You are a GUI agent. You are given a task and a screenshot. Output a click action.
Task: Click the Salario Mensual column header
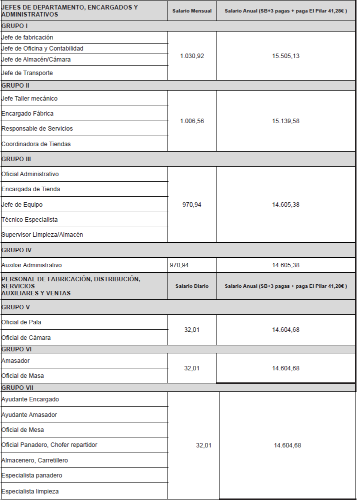click(192, 11)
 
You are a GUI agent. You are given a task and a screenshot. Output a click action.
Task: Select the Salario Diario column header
click(192, 286)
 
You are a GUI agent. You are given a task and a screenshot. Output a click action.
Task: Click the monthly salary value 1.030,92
click(192, 56)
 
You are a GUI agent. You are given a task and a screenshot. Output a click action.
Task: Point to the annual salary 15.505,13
click(286, 56)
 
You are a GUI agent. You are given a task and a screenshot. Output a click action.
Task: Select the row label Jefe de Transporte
click(27, 73)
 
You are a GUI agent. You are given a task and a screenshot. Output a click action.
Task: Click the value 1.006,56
click(192, 121)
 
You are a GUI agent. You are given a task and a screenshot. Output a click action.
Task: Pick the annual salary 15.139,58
click(286, 121)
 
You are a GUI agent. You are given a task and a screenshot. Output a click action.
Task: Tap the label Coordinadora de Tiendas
click(36, 144)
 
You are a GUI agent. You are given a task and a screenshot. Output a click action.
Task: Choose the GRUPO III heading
click(16, 159)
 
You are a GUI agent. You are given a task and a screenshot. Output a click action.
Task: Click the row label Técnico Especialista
click(29, 220)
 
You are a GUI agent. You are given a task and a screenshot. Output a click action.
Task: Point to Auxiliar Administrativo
click(31, 265)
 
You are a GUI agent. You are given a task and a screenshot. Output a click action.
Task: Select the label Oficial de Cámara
click(26, 338)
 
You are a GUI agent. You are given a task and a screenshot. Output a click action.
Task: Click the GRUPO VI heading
click(16, 349)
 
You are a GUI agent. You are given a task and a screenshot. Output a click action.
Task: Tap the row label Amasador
click(15, 361)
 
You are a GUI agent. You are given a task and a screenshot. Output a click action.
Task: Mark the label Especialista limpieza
click(30, 491)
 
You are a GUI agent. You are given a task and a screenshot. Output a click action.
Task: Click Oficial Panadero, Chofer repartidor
click(49, 445)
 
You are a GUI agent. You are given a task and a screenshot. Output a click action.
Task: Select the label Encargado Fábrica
click(27, 114)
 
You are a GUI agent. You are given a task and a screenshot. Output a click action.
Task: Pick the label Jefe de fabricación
click(27, 38)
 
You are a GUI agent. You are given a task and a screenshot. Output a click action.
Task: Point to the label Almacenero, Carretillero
click(34, 460)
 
